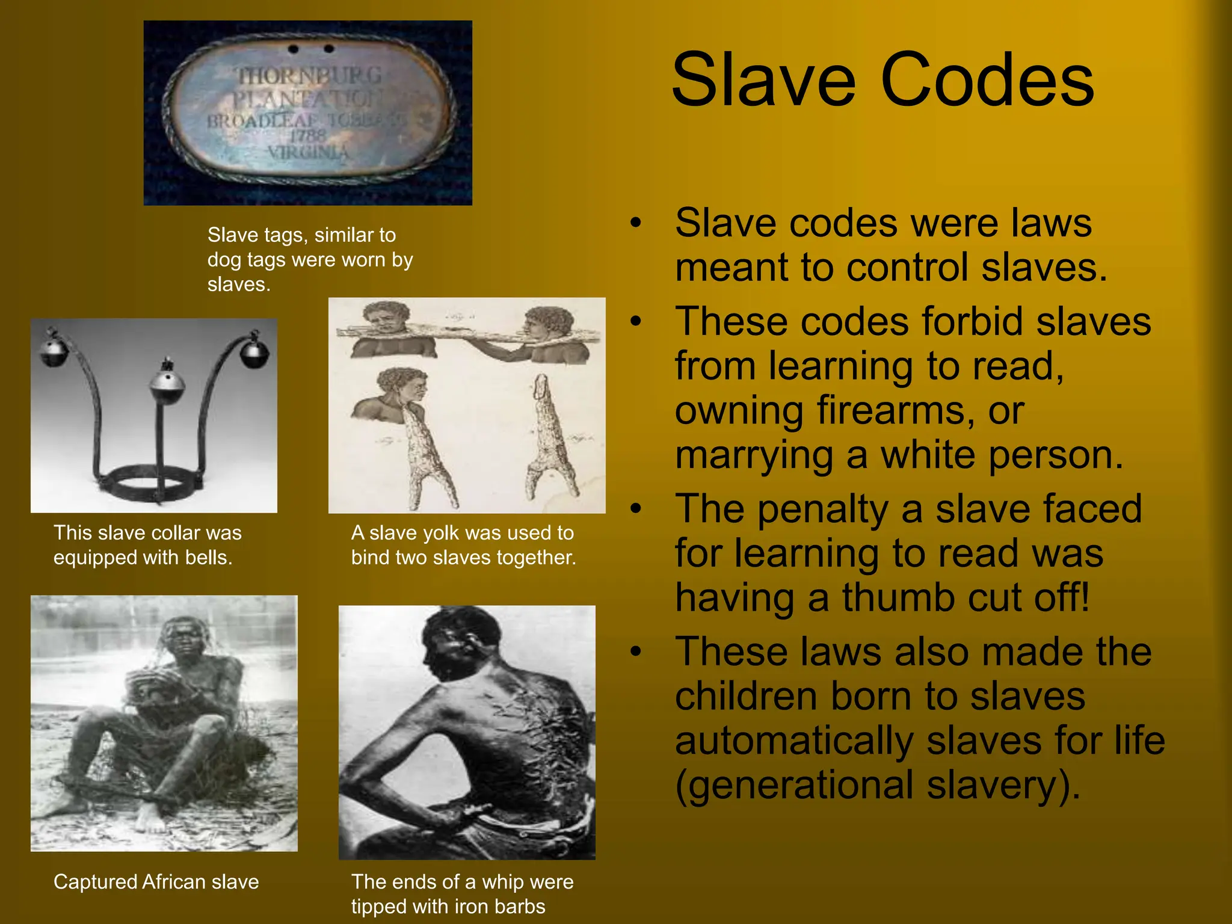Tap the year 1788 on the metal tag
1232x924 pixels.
coord(307,136)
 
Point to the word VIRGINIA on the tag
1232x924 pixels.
coord(308,152)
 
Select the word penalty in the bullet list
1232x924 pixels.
coord(822,509)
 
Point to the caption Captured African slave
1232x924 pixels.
coord(156,882)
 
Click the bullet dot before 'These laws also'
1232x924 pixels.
coord(636,651)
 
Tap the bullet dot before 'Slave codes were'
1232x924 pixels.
coord(636,223)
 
